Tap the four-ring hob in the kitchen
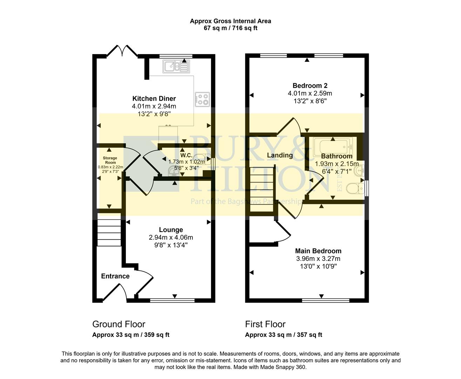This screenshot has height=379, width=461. coord(202,99)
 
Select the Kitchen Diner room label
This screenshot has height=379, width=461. coord(154,99)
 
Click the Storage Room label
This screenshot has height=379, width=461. coord(110,160)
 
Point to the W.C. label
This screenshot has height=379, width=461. coord(186,155)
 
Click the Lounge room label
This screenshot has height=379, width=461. coord(171,230)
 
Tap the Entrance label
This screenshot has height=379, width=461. coord(115,276)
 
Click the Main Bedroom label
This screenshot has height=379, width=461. coord(318,251)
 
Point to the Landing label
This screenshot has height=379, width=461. coord(280,155)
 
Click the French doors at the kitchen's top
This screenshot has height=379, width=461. coord(122,51)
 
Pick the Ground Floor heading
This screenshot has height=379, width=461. coord(118,324)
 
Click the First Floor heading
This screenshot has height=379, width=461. coord(265,324)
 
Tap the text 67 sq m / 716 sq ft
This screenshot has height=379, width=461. coord(230,28)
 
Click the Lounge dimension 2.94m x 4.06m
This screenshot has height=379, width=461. coord(171,238)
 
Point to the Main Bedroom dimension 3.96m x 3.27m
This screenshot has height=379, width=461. coord(318,259)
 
